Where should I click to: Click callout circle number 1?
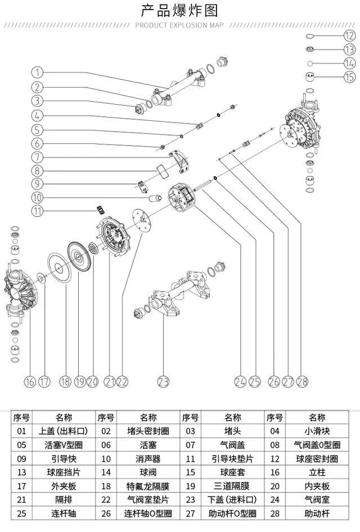pos(37,73)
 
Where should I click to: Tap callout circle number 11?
pos(37,211)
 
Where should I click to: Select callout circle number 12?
pos(349,35)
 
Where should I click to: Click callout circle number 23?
pos(163,381)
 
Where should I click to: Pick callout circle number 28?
pos(302,381)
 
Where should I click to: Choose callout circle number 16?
pos(29,381)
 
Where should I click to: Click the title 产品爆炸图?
pos(179,10)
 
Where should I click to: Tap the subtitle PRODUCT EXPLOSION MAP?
pos(179,25)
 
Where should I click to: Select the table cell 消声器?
pos(148,458)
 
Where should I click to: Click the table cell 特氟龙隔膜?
pos(148,486)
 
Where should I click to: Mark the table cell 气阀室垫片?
pos(148,499)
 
